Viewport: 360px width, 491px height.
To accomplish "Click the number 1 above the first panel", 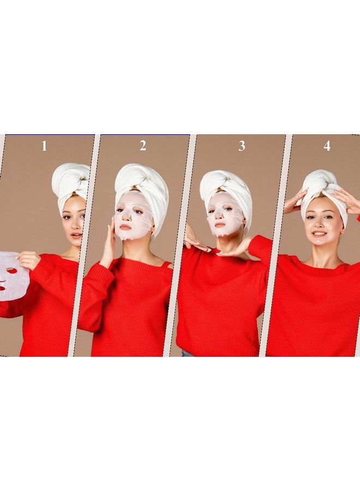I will click(45, 146).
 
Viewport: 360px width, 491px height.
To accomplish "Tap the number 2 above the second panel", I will click(143, 146).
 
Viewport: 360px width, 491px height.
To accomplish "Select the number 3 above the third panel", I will click(242, 146).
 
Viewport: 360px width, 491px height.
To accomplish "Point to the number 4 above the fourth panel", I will click(327, 146).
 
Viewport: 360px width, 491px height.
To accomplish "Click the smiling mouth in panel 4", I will click(320, 234).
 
